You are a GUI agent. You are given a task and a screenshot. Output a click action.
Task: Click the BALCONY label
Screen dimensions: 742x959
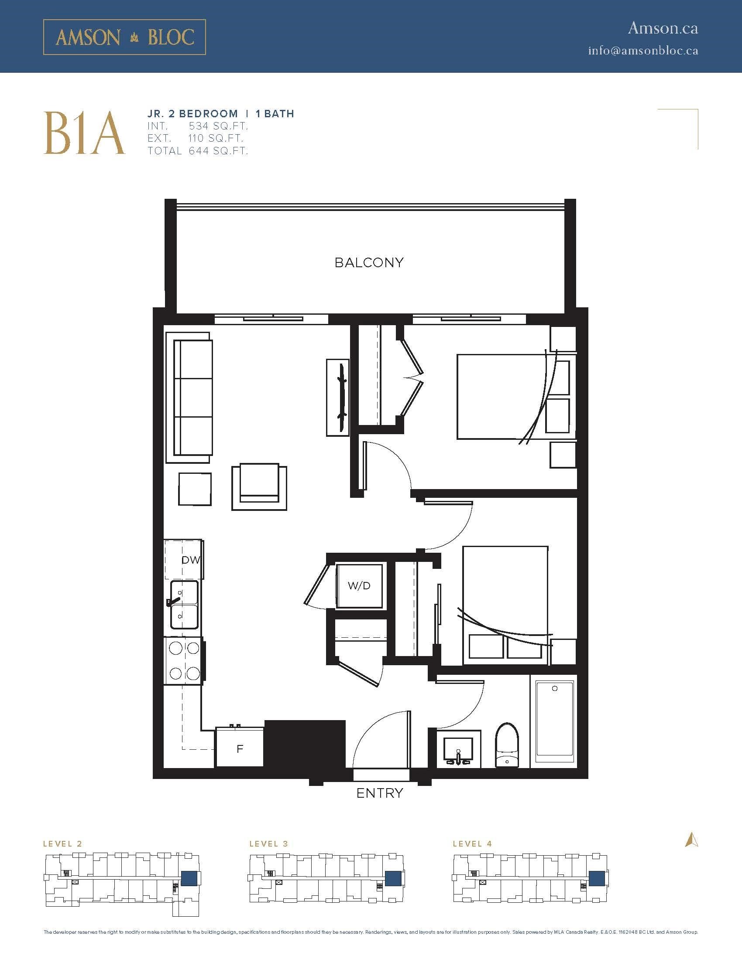click(369, 262)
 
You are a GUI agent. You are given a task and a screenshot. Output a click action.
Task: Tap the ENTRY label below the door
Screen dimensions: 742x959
click(379, 793)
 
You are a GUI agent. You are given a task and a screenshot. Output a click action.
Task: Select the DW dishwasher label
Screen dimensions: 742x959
click(191, 560)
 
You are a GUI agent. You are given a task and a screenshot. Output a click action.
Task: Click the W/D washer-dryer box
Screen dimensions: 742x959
click(359, 586)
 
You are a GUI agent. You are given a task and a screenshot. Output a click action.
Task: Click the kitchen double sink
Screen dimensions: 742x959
click(184, 605)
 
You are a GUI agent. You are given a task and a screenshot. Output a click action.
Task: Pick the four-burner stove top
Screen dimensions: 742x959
click(184, 660)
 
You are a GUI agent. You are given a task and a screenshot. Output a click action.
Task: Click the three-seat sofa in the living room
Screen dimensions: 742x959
click(189, 397)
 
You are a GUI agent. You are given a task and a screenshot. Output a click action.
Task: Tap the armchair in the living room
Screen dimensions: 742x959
click(259, 486)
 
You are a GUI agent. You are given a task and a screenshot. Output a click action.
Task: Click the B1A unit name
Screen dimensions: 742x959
click(84, 133)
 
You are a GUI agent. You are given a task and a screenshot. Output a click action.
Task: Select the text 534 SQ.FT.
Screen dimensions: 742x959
click(219, 126)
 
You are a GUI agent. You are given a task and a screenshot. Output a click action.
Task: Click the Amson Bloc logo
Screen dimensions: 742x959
click(124, 37)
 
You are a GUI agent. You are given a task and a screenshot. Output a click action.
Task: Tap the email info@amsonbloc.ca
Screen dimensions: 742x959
click(643, 51)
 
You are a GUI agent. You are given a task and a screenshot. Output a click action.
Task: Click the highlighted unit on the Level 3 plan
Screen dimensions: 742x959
click(392, 878)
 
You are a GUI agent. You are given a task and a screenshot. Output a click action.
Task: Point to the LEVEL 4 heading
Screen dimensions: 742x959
click(472, 843)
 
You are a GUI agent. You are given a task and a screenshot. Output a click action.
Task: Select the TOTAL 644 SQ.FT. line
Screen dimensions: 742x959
click(198, 151)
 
